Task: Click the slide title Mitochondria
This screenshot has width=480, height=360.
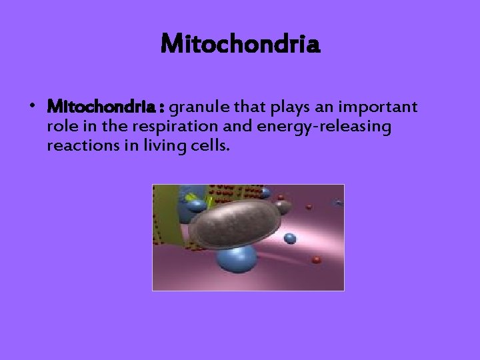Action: click(241, 45)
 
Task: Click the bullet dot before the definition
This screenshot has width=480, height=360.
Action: click(32, 107)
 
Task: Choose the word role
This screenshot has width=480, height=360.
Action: click(60, 127)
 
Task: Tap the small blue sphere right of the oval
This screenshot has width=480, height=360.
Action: click(290, 238)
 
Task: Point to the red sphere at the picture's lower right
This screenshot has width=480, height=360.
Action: click(317, 259)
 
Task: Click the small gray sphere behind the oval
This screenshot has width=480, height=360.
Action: click(283, 206)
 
